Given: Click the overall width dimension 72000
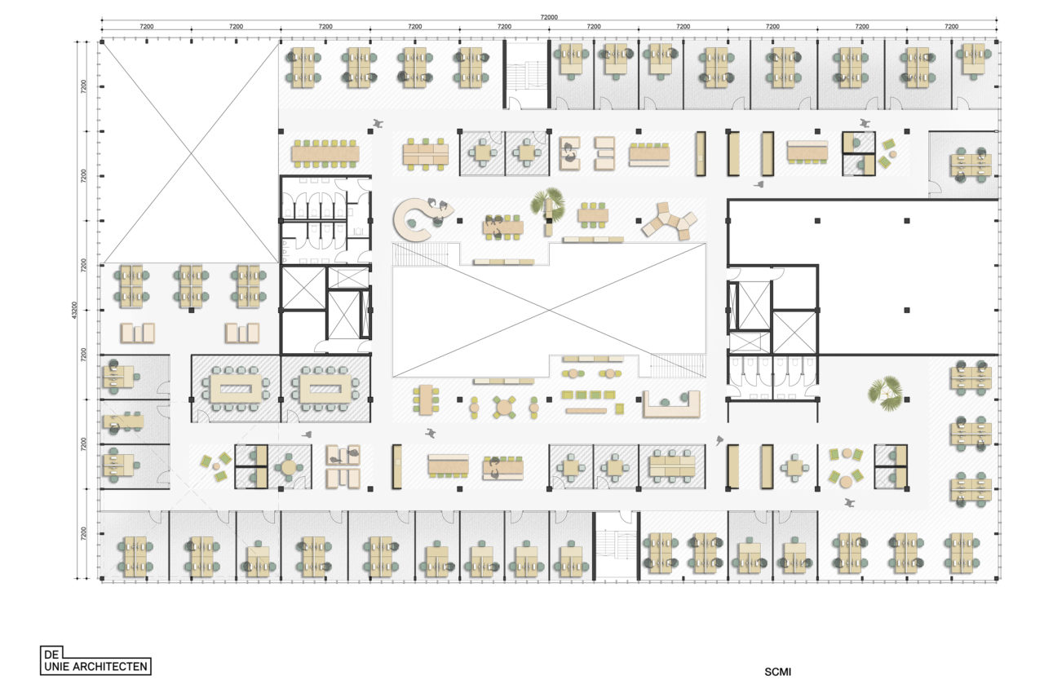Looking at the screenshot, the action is [549, 17].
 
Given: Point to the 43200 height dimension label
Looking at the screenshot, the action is [74, 310].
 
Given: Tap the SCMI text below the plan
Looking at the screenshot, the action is [777, 672].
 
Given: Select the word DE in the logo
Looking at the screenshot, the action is [51, 655].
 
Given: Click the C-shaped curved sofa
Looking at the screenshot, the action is [417, 218].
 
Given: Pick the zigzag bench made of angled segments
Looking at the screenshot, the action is [670, 220].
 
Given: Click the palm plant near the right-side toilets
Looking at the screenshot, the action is [886, 393].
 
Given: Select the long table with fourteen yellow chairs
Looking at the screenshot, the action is [325, 153].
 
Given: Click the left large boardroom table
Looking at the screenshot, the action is [236, 389].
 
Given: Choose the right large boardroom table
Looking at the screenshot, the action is [325, 389].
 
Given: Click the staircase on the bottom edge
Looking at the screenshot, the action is [616, 545].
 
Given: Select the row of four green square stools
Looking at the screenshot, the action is [588, 395].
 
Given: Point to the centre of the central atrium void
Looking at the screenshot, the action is [549, 310].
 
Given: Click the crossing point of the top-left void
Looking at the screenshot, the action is [191, 152].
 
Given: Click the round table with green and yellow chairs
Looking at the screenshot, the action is [504, 408].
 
